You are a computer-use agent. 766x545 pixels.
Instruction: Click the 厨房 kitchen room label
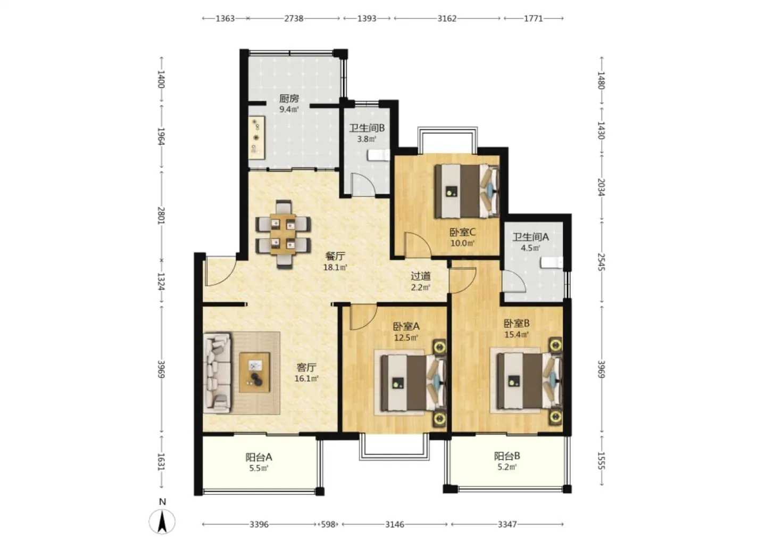[x=289, y=99]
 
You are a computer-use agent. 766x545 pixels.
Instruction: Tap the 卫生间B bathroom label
[x=367, y=128]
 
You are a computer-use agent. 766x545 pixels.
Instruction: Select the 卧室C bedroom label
[x=462, y=232]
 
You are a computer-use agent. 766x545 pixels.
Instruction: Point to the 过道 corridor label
[x=420, y=276]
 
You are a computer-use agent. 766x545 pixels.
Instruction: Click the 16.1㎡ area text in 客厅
[x=306, y=378]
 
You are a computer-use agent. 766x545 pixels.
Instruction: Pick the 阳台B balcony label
[x=507, y=456]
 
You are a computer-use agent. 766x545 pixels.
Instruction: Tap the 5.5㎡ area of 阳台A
[x=259, y=468]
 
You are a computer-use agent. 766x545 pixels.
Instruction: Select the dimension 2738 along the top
[x=294, y=18]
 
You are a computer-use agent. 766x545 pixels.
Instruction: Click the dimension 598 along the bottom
[x=328, y=524]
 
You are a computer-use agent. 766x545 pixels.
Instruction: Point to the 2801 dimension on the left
[x=161, y=216]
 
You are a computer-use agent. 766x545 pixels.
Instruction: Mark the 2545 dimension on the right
[x=601, y=262]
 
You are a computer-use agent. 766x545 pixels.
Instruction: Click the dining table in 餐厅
[x=283, y=234]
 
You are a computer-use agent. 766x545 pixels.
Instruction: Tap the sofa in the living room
[x=217, y=373]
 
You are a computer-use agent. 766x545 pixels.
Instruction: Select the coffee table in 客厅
[x=254, y=372]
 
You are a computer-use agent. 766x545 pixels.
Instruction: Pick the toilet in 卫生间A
[x=552, y=262]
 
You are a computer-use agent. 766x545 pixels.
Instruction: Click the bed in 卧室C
[x=467, y=191]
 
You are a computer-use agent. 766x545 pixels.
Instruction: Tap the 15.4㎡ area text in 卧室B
[x=517, y=334]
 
